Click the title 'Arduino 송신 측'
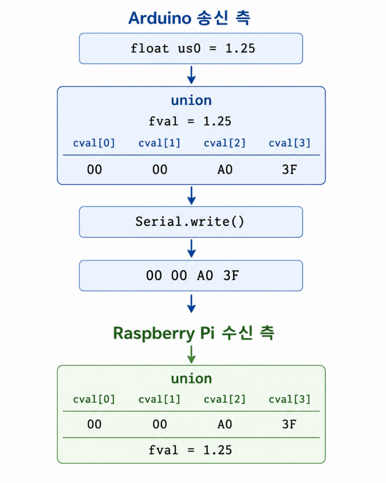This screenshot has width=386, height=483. pos(189,18)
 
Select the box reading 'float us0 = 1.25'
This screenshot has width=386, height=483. pos(191,49)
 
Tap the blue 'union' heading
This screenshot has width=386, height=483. pos(191,100)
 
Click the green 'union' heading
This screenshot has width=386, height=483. pos(191,379)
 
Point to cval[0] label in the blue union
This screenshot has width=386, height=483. pos(94,143)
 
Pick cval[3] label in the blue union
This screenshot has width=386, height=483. pos(289,143)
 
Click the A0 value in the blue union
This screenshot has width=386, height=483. pos(225,170)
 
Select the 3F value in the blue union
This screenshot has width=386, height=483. pos(289,170)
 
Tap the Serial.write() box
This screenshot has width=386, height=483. pos(191,222)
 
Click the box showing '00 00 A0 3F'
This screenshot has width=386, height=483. pos(191,275)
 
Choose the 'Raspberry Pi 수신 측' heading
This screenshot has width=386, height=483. pos(193,333)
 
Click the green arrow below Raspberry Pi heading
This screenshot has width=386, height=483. pos(191,354)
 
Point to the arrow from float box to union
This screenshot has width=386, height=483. pos(191,75)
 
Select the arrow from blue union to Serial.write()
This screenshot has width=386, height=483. pos(191,195)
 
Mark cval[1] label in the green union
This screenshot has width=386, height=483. pos(159,399)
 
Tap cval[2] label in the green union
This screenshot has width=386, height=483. pos(225,399)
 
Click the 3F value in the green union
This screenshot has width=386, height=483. pos(289,425)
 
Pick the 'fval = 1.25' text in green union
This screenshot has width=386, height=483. pos(190,450)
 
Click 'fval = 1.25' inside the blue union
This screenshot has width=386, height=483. pos(190,121)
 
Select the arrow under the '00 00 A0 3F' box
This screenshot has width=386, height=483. pos(191,303)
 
